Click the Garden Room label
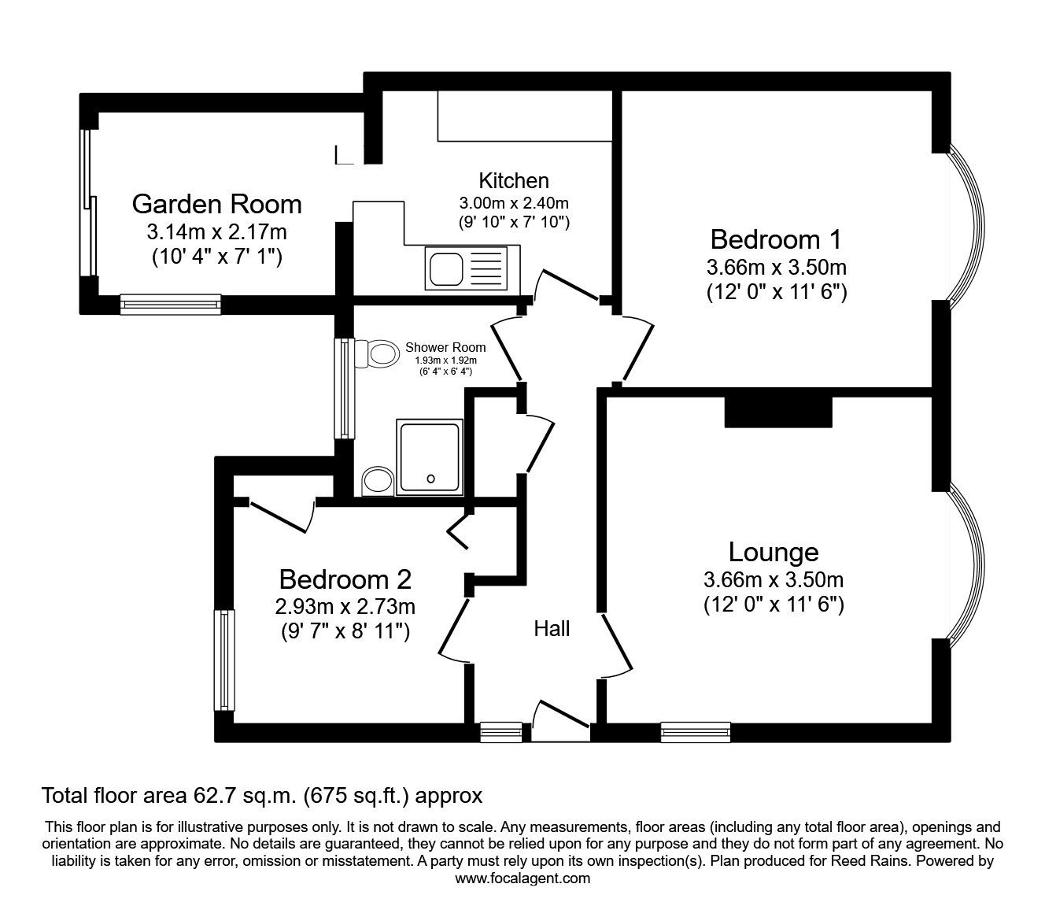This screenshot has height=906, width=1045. click(x=216, y=204)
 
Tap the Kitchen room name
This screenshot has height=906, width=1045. click(x=514, y=180)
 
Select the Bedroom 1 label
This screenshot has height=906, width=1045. click(x=776, y=239)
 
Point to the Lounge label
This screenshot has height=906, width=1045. click(x=773, y=552)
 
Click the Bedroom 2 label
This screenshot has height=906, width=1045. click(x=345, y=580)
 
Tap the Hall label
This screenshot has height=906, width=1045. click(x=552, y=628)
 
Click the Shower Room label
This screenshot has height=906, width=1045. click(x=445, y=347)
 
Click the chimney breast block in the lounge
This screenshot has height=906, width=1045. click(x=777, y=411)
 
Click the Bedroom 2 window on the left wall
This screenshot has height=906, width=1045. click(x=225, y=660)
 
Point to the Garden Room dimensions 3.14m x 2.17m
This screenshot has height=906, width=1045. click(x=216, y=232)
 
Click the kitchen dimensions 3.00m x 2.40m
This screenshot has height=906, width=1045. click(x=514, y=203)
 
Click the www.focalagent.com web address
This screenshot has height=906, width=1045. click(x=522, y=878)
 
